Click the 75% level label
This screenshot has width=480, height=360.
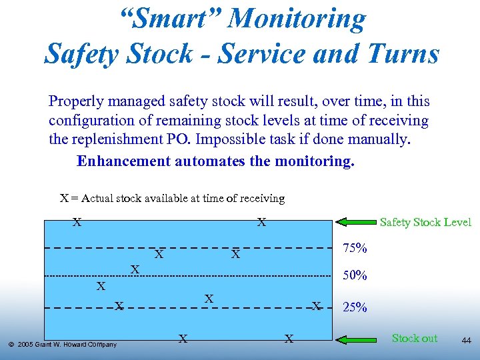coord(355,248)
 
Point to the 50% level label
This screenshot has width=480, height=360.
coord(355,275)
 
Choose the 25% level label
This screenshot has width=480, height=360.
coord(355,307)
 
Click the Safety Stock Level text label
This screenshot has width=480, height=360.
coord(425,222)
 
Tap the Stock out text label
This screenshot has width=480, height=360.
coord(415,338)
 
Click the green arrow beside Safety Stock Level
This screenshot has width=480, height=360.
coord(356,222)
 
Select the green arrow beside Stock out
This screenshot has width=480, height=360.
coord(356,339)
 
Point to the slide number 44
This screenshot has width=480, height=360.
coord(466,341)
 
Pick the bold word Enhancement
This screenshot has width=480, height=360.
coord(123,161)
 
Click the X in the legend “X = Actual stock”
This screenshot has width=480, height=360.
coord(64,198)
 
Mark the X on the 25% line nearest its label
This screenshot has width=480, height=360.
coord(317,306)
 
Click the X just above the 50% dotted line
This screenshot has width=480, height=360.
coord(135,269)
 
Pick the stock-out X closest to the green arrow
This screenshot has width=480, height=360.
coord(289,339)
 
